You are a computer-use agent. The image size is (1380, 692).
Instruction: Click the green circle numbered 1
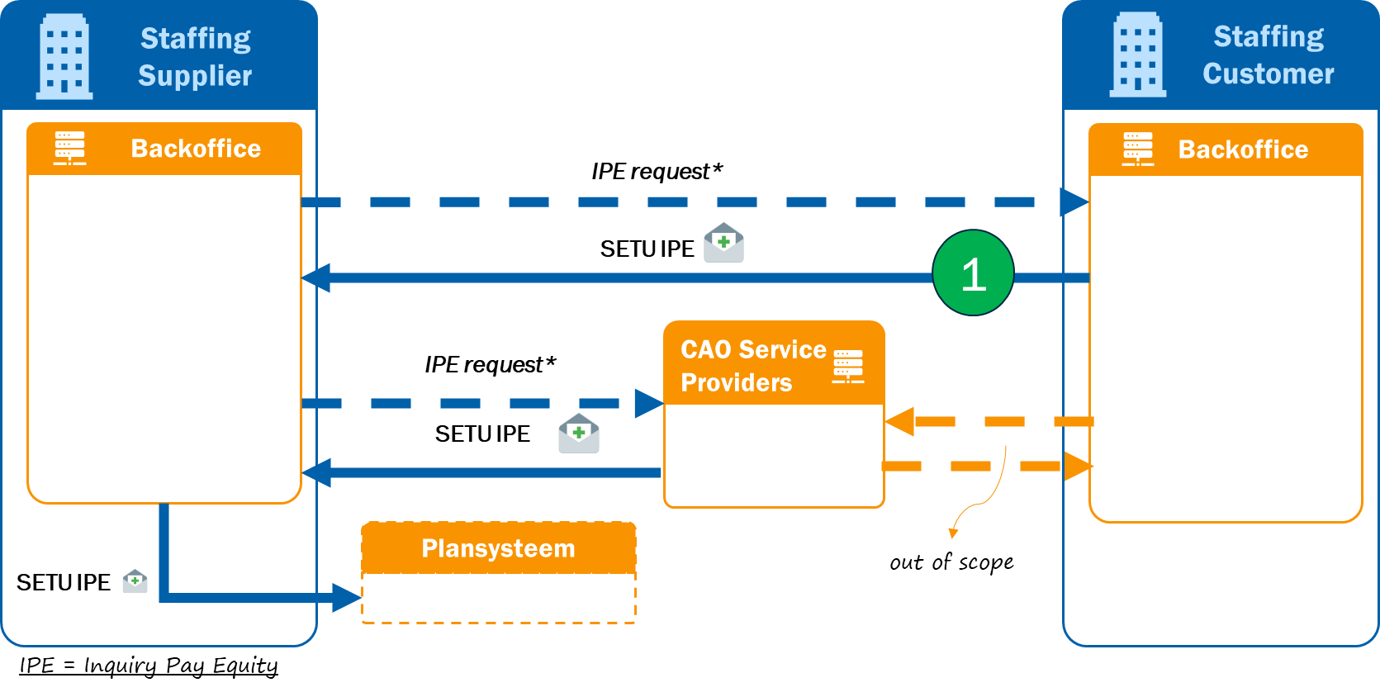pos(973,273)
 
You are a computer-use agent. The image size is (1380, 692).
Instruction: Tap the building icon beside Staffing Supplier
pos(64,57)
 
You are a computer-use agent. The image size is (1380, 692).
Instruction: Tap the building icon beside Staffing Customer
pos(1137,55)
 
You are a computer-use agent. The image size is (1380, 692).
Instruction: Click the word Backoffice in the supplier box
pos(196,149)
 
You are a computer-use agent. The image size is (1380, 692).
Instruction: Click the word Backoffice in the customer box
pos(1243,149)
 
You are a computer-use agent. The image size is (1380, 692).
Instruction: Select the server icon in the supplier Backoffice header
pos(69,148)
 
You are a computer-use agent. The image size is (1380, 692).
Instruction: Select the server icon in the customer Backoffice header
pos(1137,149)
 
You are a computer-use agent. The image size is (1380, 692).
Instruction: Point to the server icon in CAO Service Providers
pos(848,366)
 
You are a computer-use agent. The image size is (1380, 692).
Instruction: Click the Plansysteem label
pos(498,548)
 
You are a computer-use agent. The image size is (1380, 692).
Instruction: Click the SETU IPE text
pos(64,583)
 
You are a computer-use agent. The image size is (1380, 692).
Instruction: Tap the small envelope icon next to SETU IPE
pos(135,581)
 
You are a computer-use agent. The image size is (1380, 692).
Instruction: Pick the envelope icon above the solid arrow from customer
pos(723,243)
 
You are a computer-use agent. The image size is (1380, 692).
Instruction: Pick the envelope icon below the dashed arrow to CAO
pos(579,434)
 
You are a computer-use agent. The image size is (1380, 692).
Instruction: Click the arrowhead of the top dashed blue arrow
pos(1074,201)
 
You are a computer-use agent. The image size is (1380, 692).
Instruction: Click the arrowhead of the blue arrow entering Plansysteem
pos(347,597)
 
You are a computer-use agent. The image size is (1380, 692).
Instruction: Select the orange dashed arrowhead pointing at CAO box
pos(899,421)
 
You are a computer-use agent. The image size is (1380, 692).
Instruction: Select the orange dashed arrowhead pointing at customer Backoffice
pos(1077,466)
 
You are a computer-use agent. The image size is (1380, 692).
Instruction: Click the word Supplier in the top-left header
pos(195,76)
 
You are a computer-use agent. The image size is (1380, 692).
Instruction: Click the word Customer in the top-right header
pos(1268,74)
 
